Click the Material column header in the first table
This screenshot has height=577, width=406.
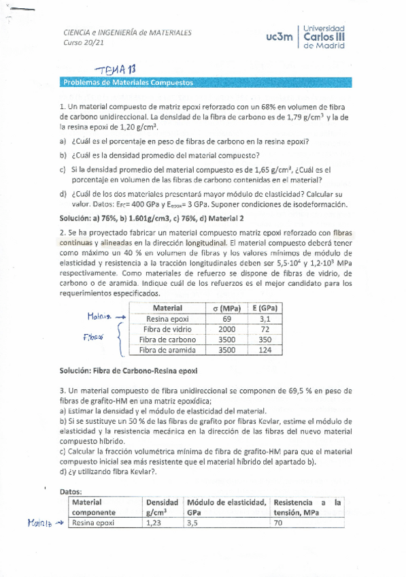pyautogui.click(x=167, y=308)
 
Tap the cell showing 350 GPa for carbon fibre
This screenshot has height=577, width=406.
pyautogui.click(x=266, y=340)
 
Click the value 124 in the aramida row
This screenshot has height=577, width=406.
pyautogui.click(x=266, y=350)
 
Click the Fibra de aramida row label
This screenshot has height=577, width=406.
pyautogui.click(x=167, y=350)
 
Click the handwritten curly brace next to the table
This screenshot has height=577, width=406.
pyautogui.click(x=120, y=340)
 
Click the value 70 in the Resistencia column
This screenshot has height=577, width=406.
pyautogui.click(x=277, y=523)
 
